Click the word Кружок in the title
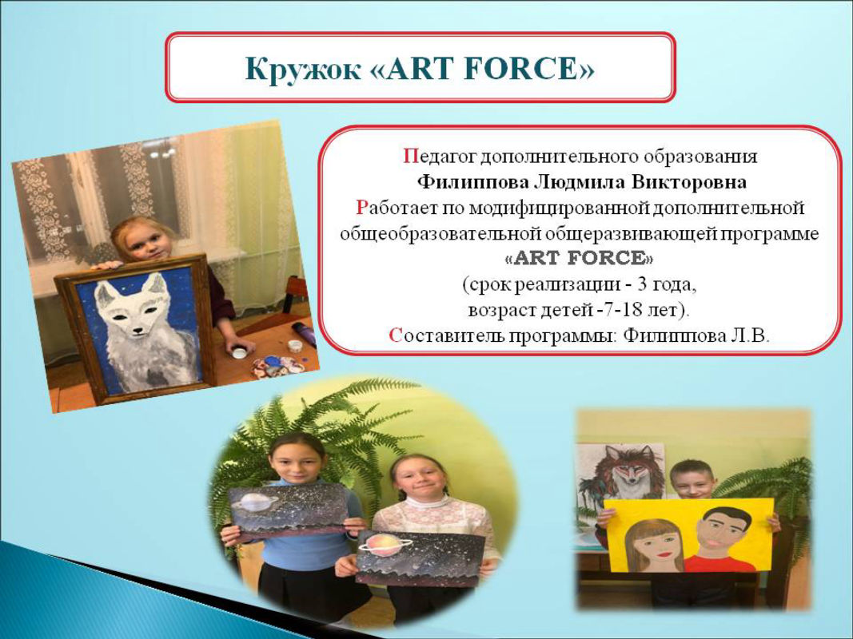pyautogui.click(x=302, y=69)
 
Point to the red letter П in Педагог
pyautogui.click(x=409, y=157)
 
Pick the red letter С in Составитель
pyautogui.click(x=396, y=335)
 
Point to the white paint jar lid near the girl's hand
pyautogui.click(x=238, y=352)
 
